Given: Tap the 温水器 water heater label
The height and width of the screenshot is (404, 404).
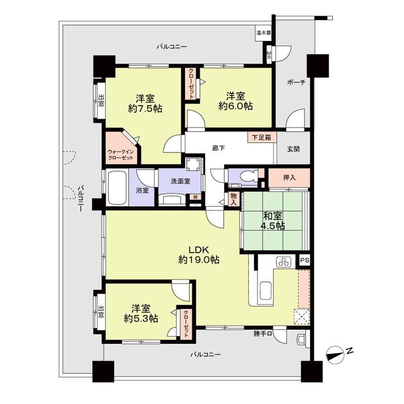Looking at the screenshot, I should coord(264,33).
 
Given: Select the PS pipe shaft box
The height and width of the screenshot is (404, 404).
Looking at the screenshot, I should coord(304,260).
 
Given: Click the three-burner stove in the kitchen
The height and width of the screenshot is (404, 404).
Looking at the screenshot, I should coord(283,262).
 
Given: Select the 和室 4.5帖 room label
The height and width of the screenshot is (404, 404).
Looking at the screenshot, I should coord(273,221).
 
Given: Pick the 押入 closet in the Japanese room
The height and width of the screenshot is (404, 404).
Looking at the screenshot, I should coord(289,178).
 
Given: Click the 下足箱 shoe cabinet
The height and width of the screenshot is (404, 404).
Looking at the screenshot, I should coord(261,137).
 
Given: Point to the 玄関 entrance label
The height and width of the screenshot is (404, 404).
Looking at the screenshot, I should coord(293,148).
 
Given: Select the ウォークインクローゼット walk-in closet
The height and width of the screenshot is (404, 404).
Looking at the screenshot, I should coord(121,150).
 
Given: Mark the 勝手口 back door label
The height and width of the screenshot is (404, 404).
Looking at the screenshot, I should coord(263,334).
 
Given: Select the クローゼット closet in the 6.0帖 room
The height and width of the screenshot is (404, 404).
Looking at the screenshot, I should coord(192,85).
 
